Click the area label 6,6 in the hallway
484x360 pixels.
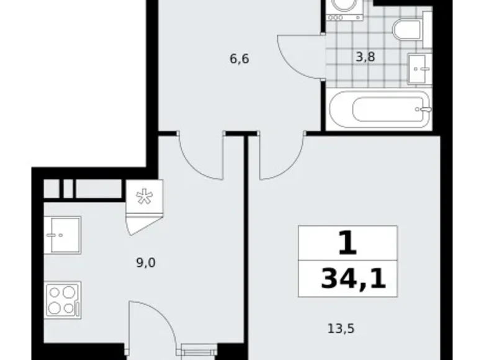pos(240,58)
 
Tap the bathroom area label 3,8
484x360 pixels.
pos(365,57)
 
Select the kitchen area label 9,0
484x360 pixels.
pos(146,263)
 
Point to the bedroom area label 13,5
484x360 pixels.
pos(341,328)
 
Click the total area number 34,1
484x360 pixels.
pos(354,279)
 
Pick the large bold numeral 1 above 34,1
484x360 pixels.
pos(348,243)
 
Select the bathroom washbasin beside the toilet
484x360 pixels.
pos(419,68)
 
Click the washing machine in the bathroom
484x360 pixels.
pos(345,11)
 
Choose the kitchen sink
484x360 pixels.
pos(62,235)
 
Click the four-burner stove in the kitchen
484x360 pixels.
pos(63,300)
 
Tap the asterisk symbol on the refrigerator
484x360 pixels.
pos(144,196)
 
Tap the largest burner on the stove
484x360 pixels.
pos(68,292)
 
